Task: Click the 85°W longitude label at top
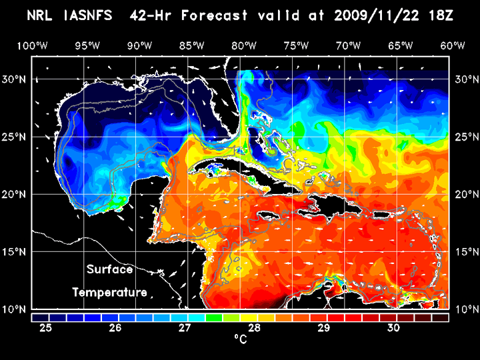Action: pyautogui.click(x=191, y=45)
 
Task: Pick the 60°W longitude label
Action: pyautogui.click(x=453, y=45)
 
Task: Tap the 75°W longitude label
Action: pyautogui.click(x=296, y=45)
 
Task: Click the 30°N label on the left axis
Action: pyautogui.click(x=16, y=79)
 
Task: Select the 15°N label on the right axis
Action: pyautogui.click(x=465, y=251)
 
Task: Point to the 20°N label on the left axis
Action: pyautogui.click(x=16, y=194)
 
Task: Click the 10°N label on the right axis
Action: pyautogui.click(x=465, y=309)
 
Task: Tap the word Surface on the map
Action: pyautogui.click(x=109, y=270)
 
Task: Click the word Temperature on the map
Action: pyautogui.click(x=109, y=292)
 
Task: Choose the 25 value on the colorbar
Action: pyautogui.click(x=46, y=328)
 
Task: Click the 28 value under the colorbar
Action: pyautogui.click(x=255, y=328)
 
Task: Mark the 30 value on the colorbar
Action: pyautogui.click(x=393, y=328)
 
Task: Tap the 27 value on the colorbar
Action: pyautogui.click(x=185, y=328)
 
